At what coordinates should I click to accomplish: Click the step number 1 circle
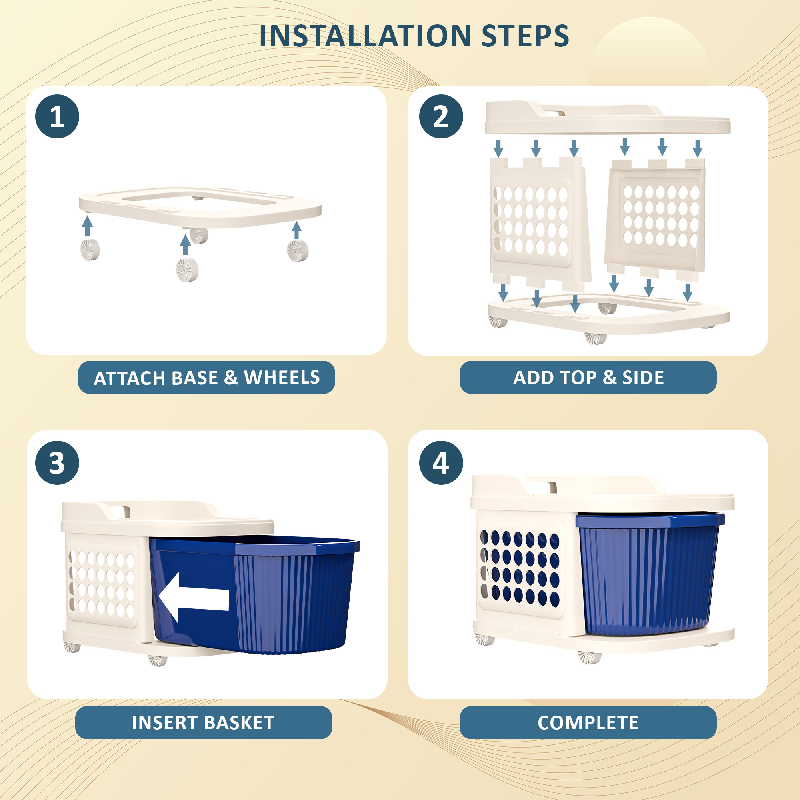pos(57,116)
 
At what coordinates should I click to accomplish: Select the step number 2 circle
pos(441,116)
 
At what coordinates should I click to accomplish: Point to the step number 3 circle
pos(57,462)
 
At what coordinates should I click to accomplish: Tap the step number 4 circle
pos(441,462)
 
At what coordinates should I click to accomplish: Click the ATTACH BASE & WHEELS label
pos(206,377)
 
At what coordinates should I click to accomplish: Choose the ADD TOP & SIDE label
pos(588,377)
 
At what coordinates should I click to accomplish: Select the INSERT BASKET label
pos(203,722)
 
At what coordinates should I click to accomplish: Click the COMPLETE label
pos(588,722)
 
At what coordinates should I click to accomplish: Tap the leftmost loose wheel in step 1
pos(90,249)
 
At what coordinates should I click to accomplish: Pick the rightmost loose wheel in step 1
pos(298,250)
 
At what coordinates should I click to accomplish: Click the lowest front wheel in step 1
pos(187,270)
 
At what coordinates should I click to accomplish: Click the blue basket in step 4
pos(648,576)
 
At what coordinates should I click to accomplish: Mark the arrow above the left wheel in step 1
pos(87,226)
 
